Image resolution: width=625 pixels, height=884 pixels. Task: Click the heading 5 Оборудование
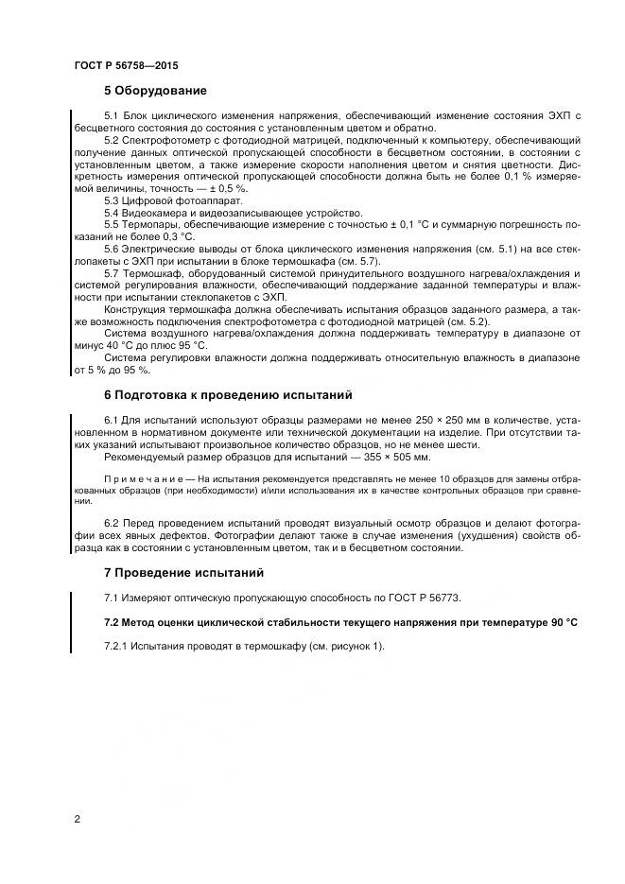[x=155, y=92]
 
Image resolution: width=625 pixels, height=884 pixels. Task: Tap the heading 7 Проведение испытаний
[x=183, y=573]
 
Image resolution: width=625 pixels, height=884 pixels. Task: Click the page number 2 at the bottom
[x=77, y=819]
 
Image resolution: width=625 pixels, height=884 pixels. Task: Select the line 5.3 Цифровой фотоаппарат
[x=173, y=201]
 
